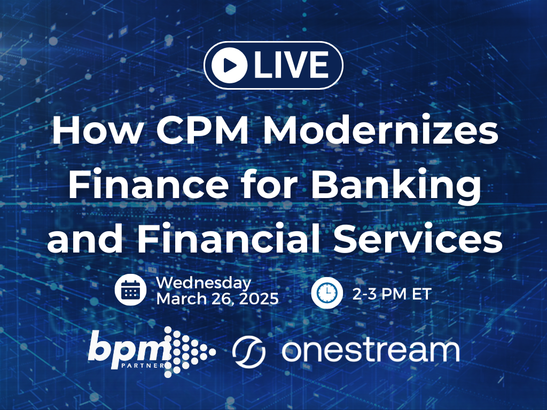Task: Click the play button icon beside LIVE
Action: coord(229,65)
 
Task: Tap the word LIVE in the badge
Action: coord(291,65)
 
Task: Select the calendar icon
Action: coord(130,290)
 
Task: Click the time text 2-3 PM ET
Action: coord(392,293)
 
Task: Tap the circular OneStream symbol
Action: coord(249,351)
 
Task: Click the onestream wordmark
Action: coord(370,350)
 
